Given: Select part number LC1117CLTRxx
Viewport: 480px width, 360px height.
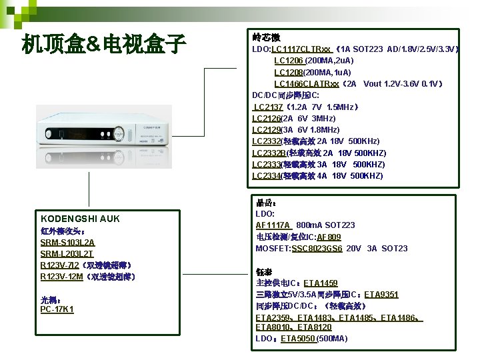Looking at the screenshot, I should (x=301, y=49).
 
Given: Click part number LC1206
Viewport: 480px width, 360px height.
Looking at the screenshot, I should (x=289, y=61).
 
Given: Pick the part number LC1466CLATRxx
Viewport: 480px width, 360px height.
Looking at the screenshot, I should (x=307, y=84).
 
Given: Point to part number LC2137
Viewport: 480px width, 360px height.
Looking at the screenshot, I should (x=268, y=107).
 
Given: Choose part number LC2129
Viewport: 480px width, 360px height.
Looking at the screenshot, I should (x=267, y=129).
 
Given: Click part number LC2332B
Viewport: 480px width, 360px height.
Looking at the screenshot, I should (x=269, y=153).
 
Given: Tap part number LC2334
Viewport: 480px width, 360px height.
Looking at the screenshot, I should (x=267, y=176).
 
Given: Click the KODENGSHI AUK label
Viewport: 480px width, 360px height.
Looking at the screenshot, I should (x=80, y=219).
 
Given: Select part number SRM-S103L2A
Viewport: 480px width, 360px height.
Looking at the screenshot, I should (x=67, y=242).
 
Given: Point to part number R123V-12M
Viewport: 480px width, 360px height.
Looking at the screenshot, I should (x=62, y=277).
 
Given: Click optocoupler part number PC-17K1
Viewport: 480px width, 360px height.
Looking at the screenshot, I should (x=57, y=309).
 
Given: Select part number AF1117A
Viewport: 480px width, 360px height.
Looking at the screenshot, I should (x=273, y=225).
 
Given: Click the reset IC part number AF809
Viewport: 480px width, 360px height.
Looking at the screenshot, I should (x=329, y=237).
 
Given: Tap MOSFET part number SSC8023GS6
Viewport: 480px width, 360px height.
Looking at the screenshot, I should (x=317, y=249).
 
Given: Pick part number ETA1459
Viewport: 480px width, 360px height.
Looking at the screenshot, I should (x=321, y=283).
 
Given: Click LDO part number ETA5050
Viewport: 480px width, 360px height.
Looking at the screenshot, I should (x=298, y=339).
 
